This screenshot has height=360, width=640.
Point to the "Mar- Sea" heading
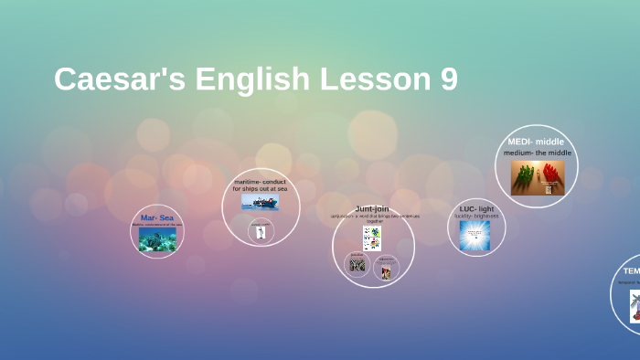pos(156,217)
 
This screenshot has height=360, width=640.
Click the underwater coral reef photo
pos(157,238)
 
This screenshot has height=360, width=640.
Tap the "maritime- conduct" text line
pos(260,181)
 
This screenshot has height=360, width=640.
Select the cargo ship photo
pos(260,201)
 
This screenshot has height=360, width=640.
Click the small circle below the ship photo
pos(261,231)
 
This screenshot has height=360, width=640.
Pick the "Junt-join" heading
pos(372,208)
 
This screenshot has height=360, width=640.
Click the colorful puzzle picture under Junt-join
pos(372,238)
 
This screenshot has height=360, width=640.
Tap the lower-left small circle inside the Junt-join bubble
pos(357,265)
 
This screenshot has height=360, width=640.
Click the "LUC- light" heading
pos(476,208)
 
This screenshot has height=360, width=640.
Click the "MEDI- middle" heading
pos(536,142)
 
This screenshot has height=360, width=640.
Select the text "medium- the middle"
pos(537,153)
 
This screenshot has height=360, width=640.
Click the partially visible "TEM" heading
pos(632,270)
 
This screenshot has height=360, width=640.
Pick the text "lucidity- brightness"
pos(476,217)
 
